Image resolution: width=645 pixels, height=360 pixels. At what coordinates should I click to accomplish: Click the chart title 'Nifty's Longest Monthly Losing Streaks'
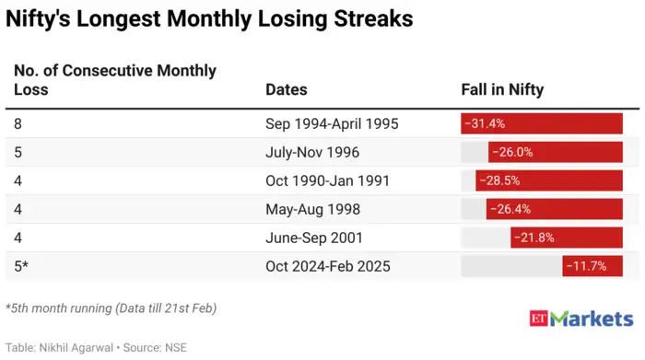[210, 19]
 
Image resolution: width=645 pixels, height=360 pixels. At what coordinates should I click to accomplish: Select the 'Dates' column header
[286, 89]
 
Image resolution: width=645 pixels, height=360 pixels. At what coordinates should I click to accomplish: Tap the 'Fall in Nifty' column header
[502, 89]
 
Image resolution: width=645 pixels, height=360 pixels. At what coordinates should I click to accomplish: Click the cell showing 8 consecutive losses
[18, 123]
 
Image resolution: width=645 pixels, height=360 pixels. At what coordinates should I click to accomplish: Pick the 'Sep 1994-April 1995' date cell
[332, 123]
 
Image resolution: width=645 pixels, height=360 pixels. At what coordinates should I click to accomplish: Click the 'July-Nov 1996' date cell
[312, 152]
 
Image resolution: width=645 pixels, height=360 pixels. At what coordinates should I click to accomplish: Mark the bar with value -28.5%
[549, 180]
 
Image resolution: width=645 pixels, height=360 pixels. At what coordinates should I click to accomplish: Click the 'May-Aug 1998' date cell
[312, 209]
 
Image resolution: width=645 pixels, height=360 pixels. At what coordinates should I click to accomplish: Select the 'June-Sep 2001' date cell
[314, 238]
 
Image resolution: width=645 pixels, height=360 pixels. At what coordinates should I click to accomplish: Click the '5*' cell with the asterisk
[21, 266]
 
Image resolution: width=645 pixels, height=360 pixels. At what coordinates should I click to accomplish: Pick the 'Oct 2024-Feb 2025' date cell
[328, 266]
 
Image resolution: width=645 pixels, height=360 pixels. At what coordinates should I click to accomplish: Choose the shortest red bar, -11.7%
[592, 266]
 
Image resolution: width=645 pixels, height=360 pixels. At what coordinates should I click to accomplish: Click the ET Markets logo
[581, 319]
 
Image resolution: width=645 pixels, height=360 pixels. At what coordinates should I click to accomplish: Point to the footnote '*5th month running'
[111, 308]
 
